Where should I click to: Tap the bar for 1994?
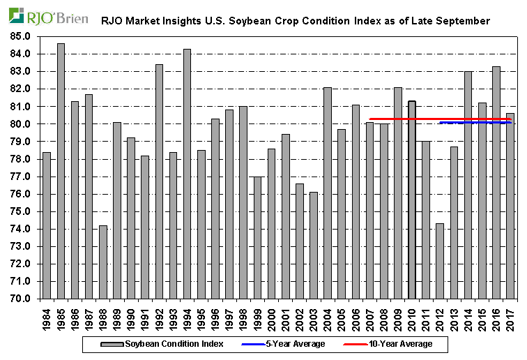[187, 174]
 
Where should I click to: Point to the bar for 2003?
[313, 245]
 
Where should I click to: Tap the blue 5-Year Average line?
[474, 123]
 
